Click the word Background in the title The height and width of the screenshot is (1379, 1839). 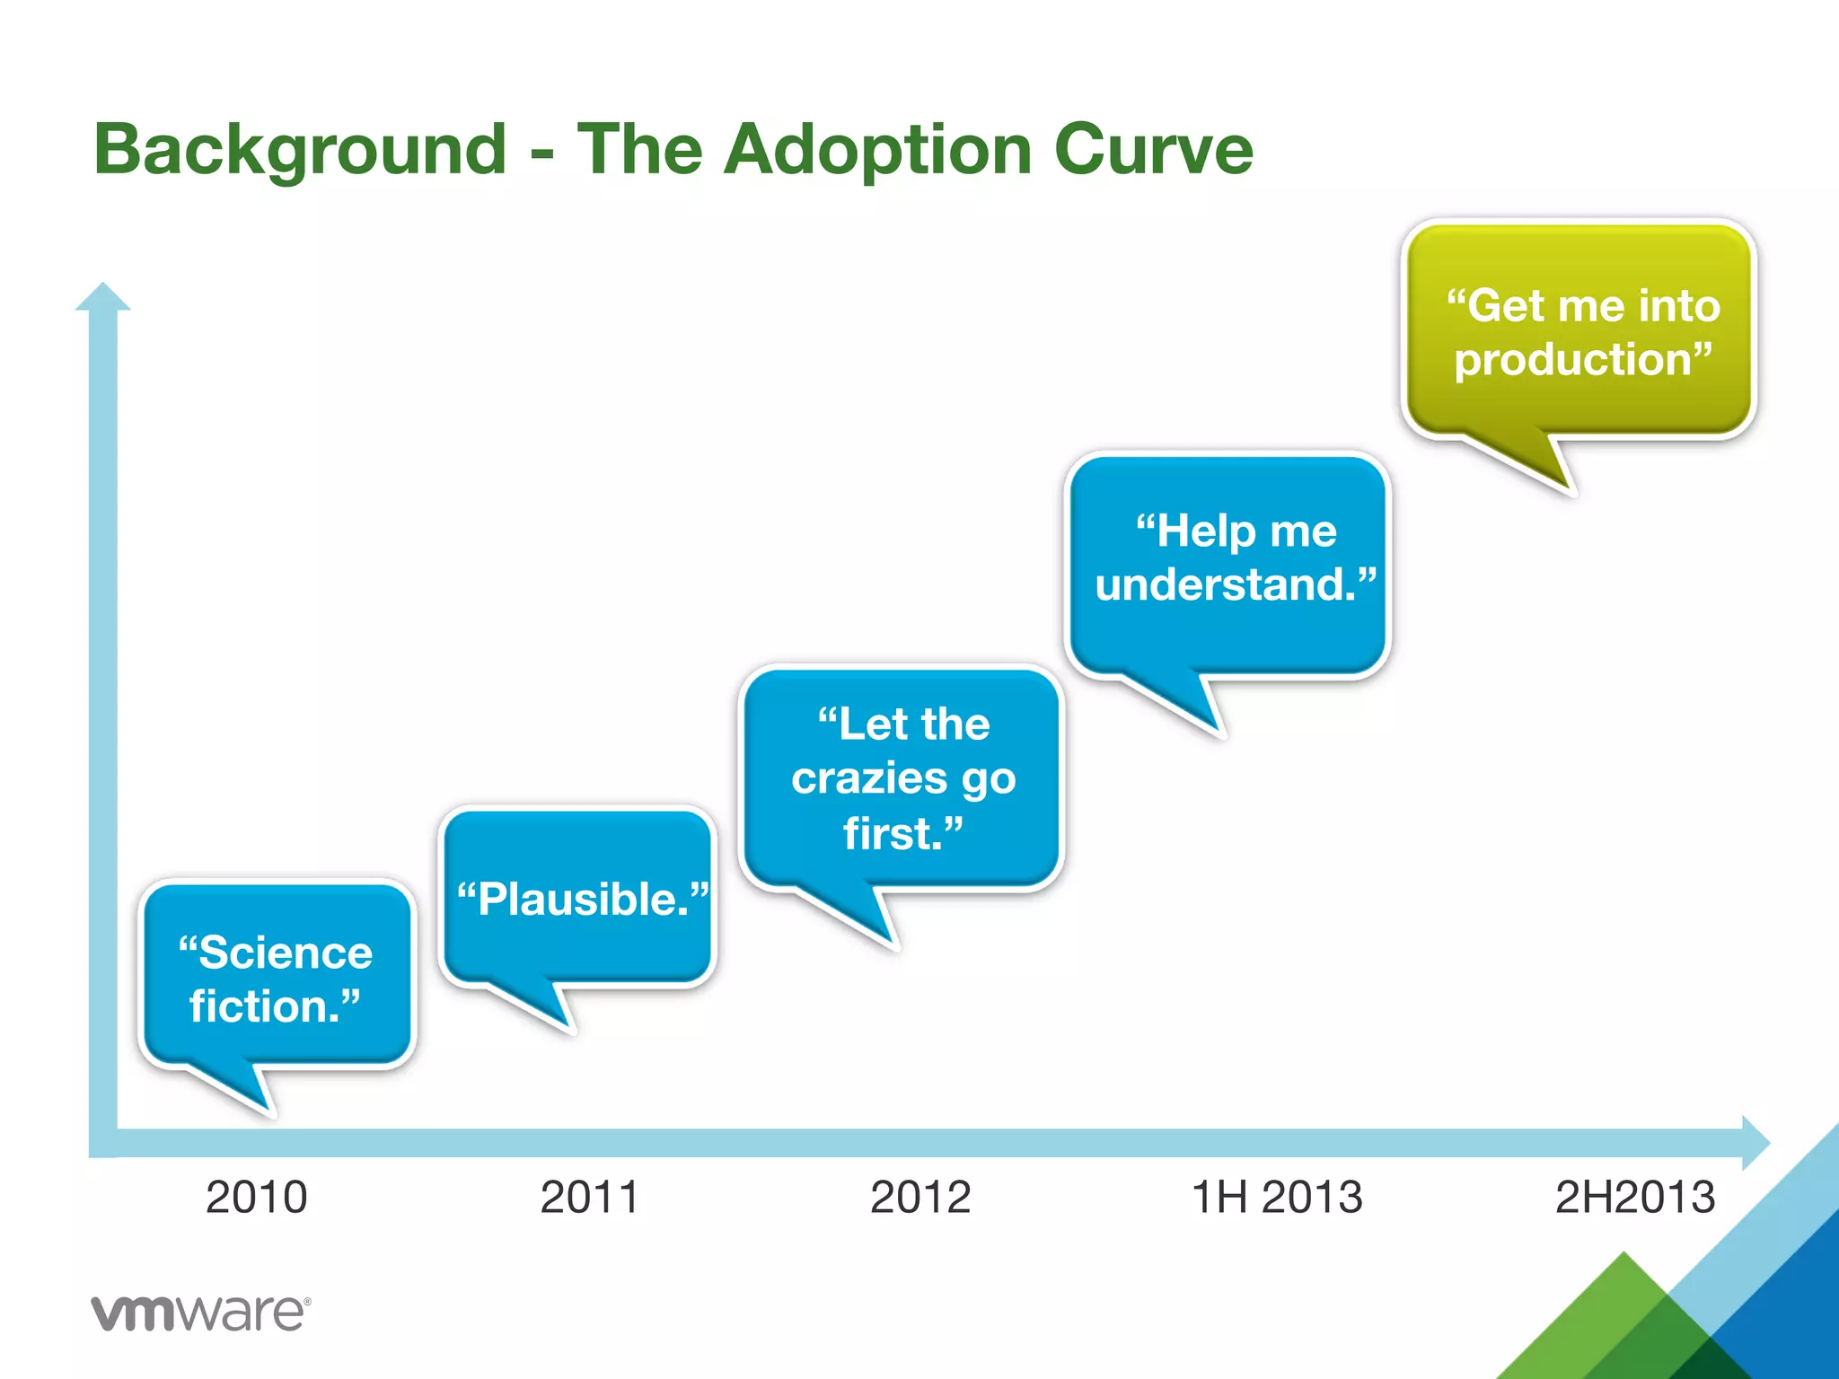click(x=301, y=150)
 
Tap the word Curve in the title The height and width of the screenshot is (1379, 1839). click(x=1153, y=150)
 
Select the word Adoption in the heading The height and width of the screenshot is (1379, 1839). click(x=877, y=150)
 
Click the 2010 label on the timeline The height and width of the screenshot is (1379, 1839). click(x=257, y=1197)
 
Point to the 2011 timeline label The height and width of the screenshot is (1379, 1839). click(x=590, y=1197)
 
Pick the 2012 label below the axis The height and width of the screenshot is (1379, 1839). click(x=920, y=1197)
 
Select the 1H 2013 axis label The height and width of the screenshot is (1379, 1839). click(x=1276, y=1197)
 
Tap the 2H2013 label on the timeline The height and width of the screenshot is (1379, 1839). click(x=1635, y=1197)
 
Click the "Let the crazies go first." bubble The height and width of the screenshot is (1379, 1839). click(x=902, y=778)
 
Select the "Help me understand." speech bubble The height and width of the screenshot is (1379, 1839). click(x=1227, y=563)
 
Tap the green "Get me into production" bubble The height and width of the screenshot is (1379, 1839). click(x=1579, y=329)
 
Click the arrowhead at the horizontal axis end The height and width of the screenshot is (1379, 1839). click(x=1755, y=1143)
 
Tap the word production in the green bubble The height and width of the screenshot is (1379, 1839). click(x=1572, y=360)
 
